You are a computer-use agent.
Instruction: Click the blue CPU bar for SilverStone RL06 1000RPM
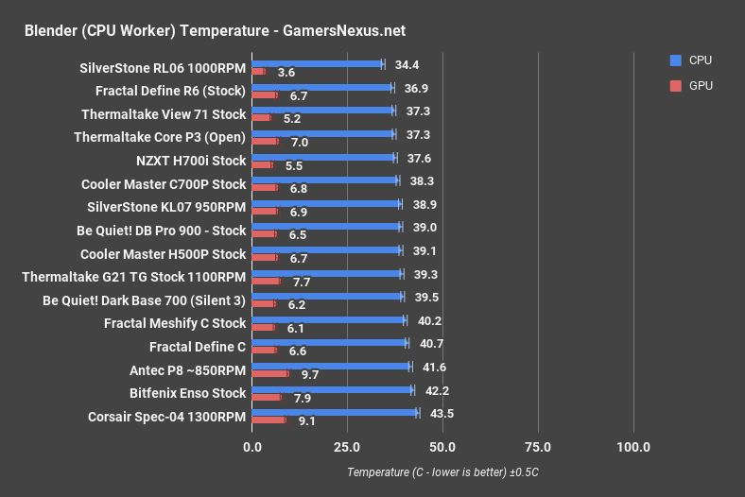tap(317, 64)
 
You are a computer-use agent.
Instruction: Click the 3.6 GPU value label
tap(286, 72)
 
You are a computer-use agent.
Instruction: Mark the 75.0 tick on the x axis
tap(538, 447)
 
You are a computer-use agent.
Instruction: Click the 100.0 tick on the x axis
tap(632, 447)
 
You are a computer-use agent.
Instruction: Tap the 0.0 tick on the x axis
tap(251, 447)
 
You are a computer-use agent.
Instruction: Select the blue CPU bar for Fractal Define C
tap(329, 343)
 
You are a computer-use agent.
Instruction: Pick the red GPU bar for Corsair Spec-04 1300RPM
tap(269, 420)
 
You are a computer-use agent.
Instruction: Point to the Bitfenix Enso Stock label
tap(187, 393)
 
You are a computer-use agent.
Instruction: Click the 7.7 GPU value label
tap(302, 282)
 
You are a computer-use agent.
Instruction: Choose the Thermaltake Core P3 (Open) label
tap(160, 137)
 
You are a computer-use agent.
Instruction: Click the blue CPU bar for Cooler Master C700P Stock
tap(324, 180)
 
